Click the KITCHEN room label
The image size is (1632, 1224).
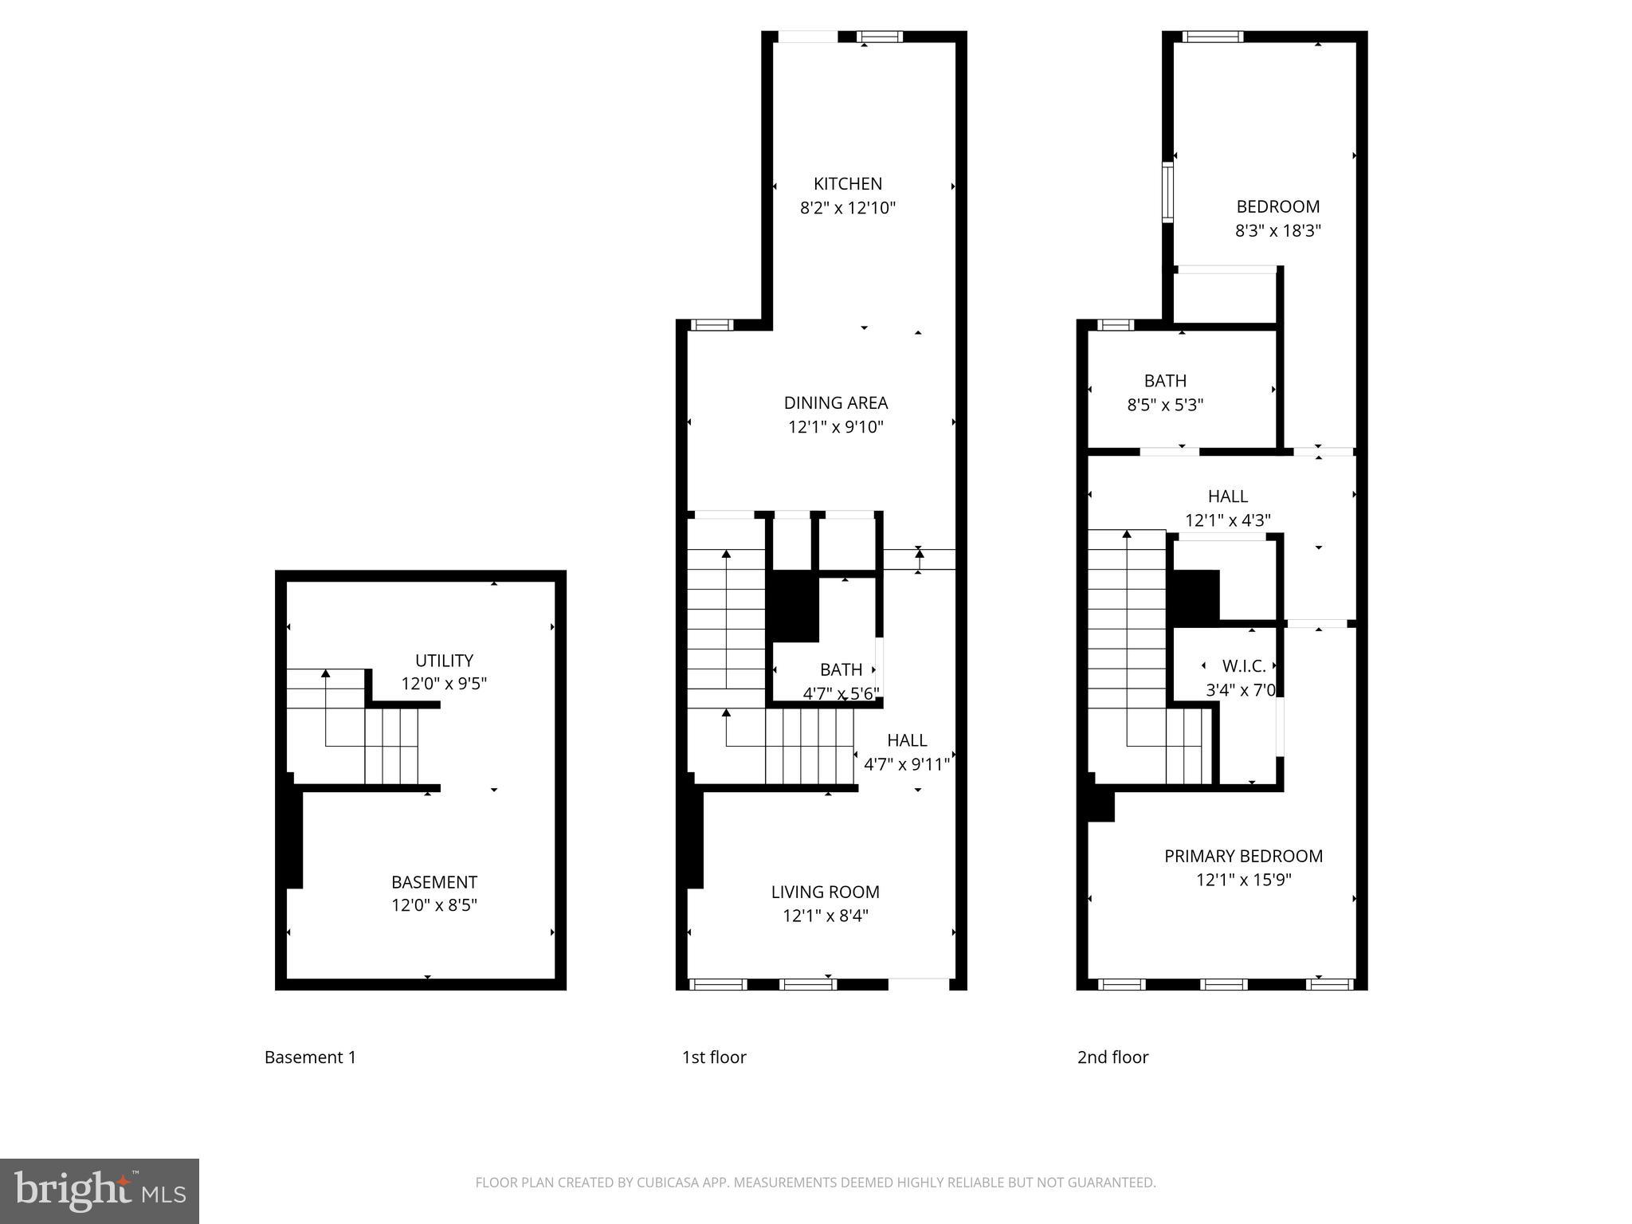[847, 184]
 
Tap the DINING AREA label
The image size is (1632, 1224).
[835, 403]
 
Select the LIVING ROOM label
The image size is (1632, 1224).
[825, 892]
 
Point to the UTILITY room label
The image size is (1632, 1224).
[444, 661]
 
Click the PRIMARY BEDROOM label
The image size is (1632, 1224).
[1243, 857]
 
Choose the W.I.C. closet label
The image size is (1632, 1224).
[1243, 666]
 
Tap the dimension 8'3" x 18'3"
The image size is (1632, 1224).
[1277, 231]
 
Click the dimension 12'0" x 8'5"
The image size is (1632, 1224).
[433, 905]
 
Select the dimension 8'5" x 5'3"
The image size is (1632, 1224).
[1164, 405]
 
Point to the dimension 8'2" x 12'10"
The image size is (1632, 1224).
[847, 208]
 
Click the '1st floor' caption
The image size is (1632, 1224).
[713, 1057]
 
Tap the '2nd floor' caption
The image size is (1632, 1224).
[1112, 1057]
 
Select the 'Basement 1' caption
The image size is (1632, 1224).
[310, 1057]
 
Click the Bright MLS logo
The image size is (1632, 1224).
[100, 1191]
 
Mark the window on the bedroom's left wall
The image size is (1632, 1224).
[1167, 192]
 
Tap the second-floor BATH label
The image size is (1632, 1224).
[1164, 381]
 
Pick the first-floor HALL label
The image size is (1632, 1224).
[907, 740]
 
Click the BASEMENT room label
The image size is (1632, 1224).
[433, 882]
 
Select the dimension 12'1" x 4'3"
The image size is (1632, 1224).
[1227, 520]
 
